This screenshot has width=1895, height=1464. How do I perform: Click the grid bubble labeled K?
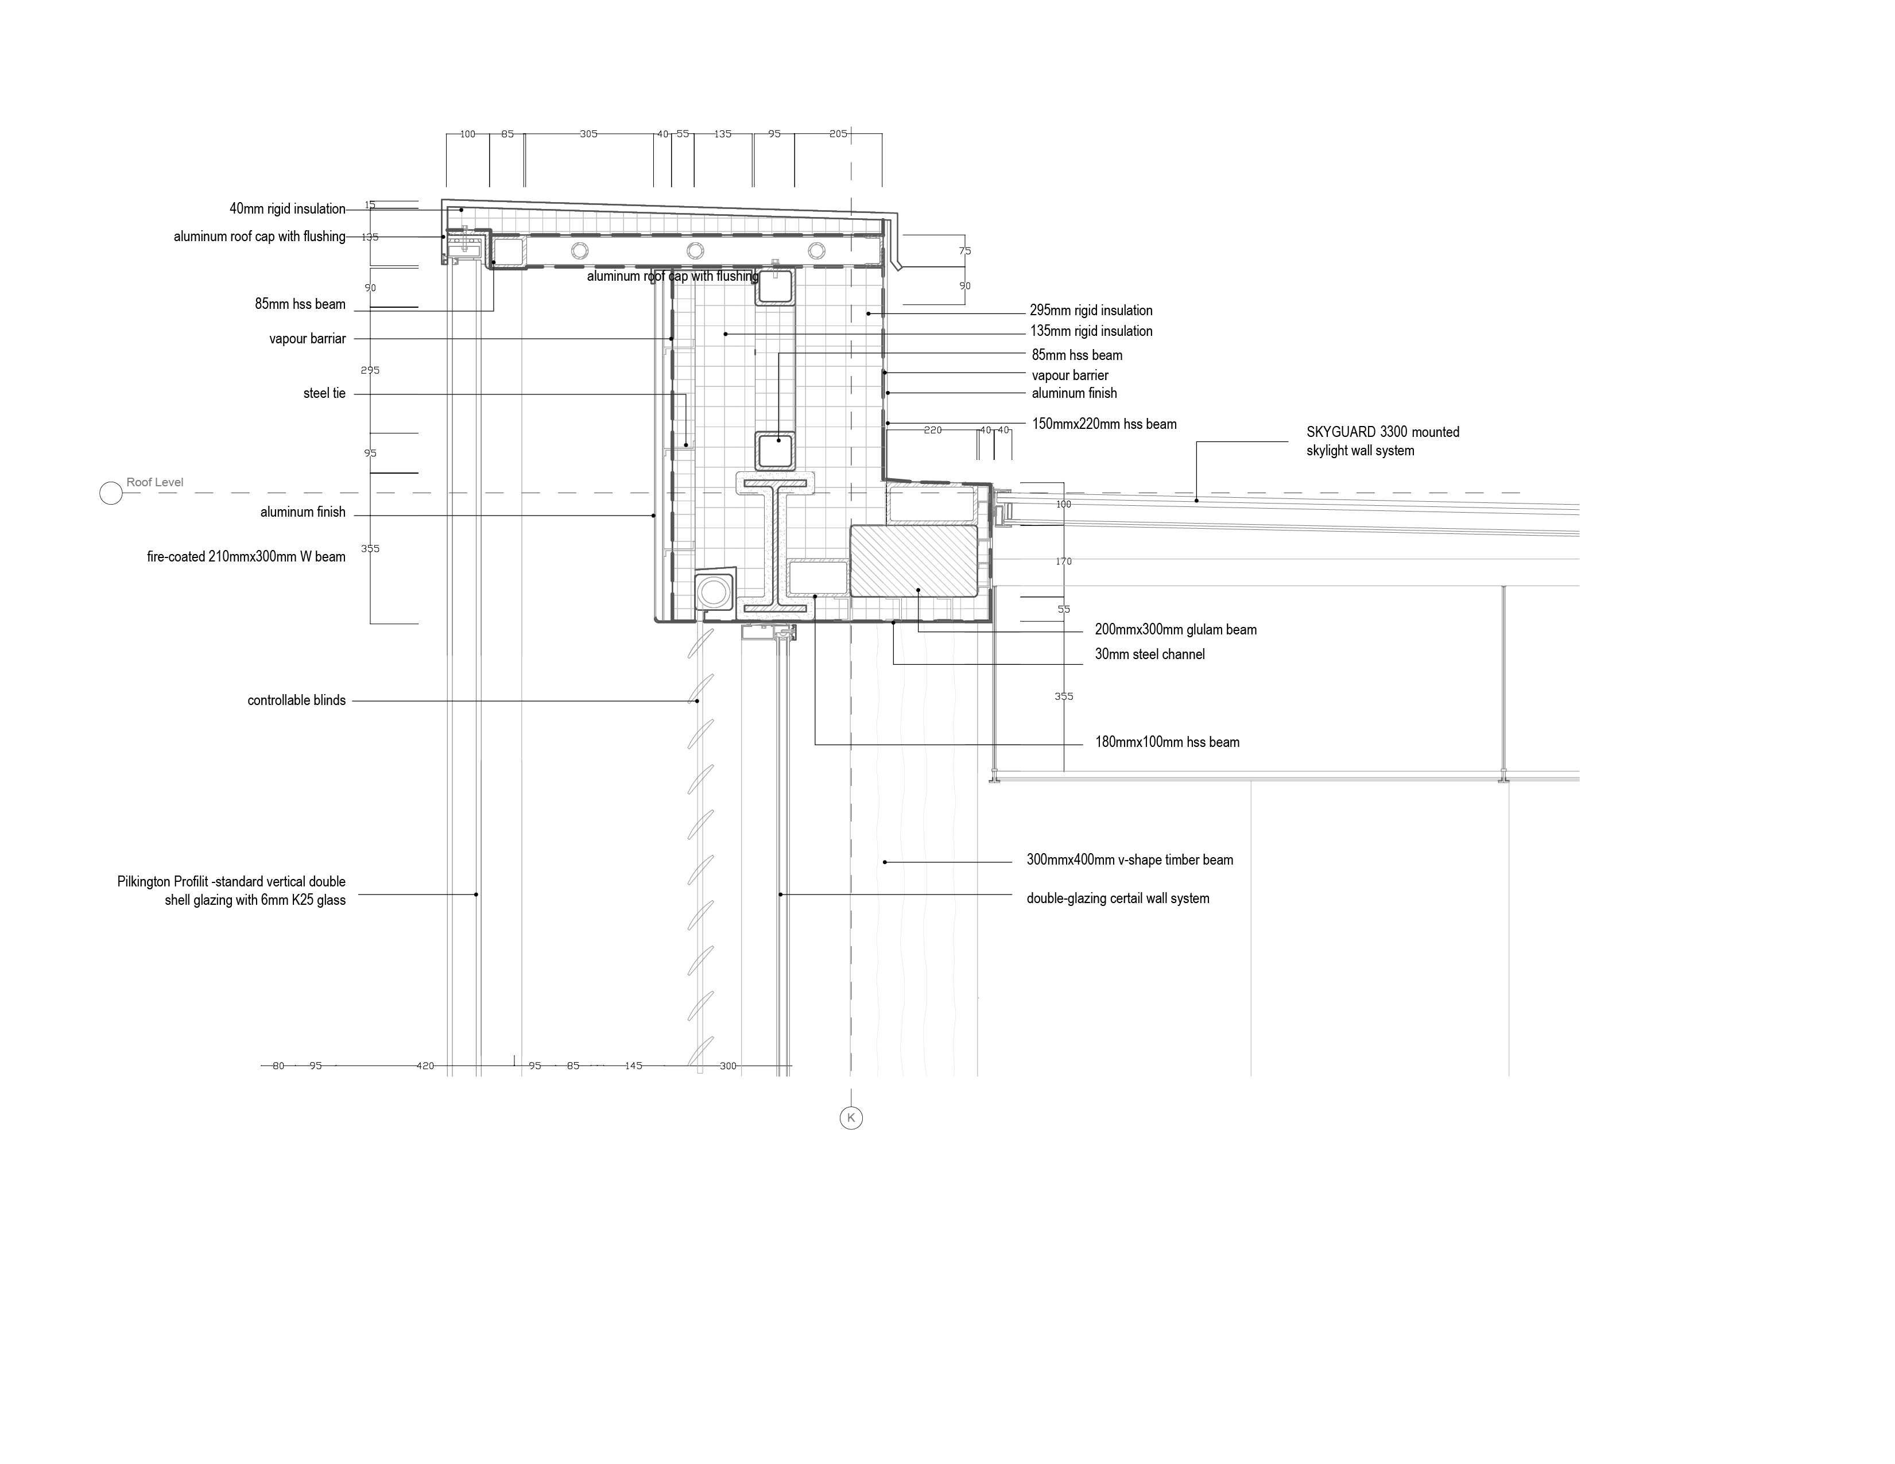pyautogui.click(x=850, y=1118)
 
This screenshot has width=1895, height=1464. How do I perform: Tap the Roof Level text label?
pyautogui.click(x=154, y=482)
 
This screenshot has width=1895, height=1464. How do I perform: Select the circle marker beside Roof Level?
pyautogui.click(x=111, y=493)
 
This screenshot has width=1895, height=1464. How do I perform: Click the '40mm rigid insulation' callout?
pyautogui.click(x=287, y=209)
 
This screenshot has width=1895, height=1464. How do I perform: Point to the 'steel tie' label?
pyautogui.click(x=324, y=394)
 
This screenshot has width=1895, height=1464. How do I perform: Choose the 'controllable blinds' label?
pyautogui.click(x=296, y=700)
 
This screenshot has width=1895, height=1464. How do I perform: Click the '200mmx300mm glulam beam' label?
pyautogui.click(x=1175, y=630)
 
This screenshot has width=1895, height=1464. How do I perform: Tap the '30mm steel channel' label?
pyautogui.click(x=1149, y=654)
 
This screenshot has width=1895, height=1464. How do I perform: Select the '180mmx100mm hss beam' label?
pyautogui.click(x=1166, y=742)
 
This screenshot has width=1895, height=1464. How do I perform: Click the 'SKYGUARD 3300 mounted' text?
pyautogui.click(x=1382, y=432)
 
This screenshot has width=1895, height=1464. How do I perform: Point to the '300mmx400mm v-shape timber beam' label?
pyautogui.click(x=1129, y=860)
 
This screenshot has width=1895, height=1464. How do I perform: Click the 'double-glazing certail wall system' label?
pyautogui.click(x=1118, y=898)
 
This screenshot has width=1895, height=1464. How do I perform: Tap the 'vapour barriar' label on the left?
pyautogui.click(x=307, y=339)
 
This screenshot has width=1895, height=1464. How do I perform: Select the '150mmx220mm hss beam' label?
pyautogui.click(x=1104, y=424)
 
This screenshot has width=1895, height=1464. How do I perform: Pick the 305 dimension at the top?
pyautogui.click(x=588, y=134)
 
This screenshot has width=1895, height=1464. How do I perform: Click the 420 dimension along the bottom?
pyautogui.click(x=424, y=1066)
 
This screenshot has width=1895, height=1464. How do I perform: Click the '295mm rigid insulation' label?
pyautogui.click(x=1091, y=311)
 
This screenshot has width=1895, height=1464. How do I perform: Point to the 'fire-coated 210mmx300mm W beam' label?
pyautogui.click(x=246, y=557)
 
